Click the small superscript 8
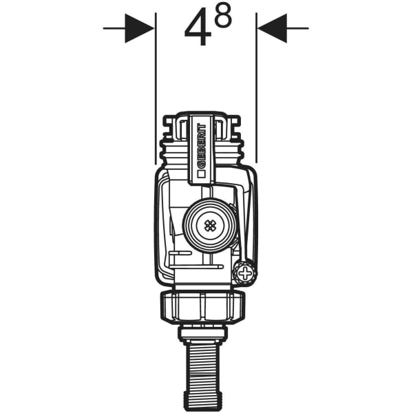tap(223, 18)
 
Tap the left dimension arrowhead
tap(140, 29)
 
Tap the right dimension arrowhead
tap(271, 29)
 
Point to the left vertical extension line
tap(156, 89)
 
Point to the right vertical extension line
tap(257, 89)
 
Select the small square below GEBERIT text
tap(201, 174)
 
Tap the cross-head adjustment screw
tap(244, 273)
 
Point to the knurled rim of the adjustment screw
tap(252, 273)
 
